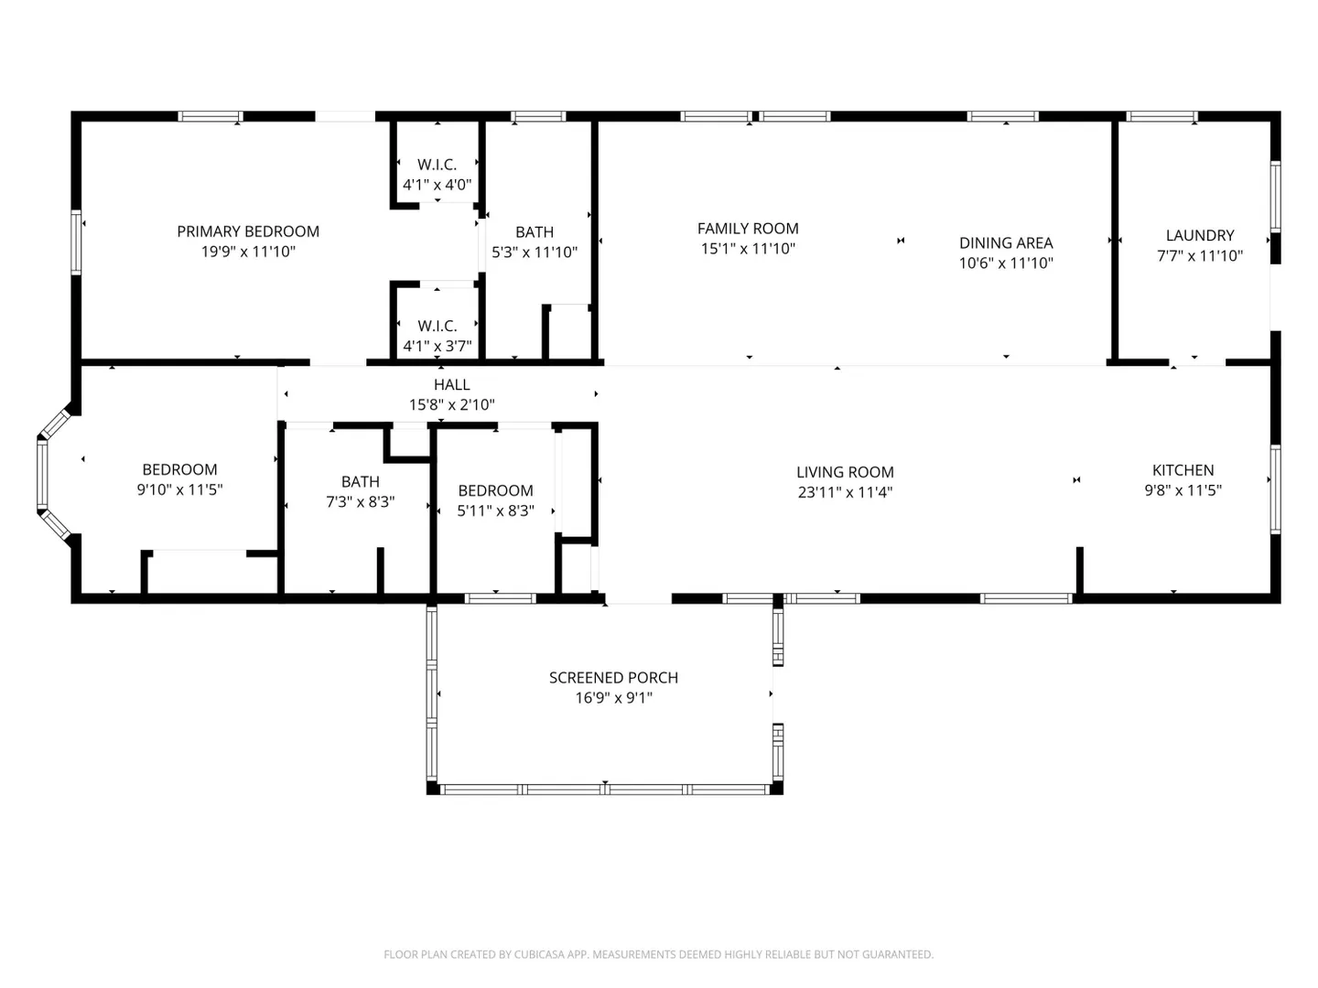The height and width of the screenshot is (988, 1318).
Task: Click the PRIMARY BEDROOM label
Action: point(247,231)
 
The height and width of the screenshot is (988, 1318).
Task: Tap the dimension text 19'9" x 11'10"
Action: point(247,252)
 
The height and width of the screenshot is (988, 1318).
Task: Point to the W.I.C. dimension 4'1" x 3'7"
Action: point(437,346)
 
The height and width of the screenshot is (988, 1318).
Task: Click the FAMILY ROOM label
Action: point(748,229)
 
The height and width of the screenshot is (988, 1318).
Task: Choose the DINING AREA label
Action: point(1006,243)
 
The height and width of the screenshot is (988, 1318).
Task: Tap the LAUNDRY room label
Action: point(1200,235)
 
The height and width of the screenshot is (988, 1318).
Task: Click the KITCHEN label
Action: point(1183,470)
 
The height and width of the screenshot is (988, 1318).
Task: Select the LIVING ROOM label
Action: point(845,472)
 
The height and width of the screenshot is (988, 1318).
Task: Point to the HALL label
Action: point(451,384)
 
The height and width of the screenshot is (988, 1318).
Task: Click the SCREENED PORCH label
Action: point(613,678)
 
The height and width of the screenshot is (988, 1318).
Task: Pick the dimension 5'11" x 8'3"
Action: point(495,510)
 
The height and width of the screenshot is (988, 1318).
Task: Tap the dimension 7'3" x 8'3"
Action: point(360,501)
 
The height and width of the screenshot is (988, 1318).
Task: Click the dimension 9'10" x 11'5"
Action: point(179,489)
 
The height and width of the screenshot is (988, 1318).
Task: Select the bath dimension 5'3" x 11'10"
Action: point(535,252)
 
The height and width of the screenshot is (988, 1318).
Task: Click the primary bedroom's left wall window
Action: point(76,242)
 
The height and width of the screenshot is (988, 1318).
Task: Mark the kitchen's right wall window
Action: point(1275,489)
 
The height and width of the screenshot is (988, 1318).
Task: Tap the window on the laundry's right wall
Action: point(1275,197)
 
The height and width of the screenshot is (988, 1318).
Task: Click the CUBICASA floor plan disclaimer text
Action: point(659,954)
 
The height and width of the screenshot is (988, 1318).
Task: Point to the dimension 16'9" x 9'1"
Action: point(613,698)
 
